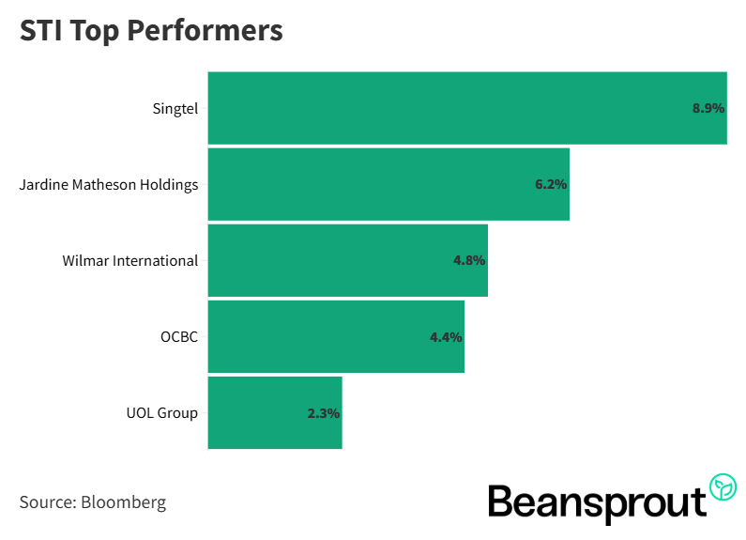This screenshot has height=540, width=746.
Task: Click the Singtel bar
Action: [466, 108]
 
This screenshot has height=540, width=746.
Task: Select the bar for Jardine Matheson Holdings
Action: [388, 184]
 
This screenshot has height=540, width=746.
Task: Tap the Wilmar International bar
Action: [347, 260]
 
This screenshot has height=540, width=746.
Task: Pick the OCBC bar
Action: [336, 336]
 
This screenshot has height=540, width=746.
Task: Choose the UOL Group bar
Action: [274, 412]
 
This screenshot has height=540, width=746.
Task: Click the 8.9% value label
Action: [708, 108]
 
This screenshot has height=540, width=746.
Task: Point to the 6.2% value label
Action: [551, 184]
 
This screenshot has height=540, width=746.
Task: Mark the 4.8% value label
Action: [468, 260]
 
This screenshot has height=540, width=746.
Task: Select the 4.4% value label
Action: [446, 336]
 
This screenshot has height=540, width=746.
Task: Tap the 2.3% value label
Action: [323, 412]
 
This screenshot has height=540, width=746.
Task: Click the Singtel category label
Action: [175, 108]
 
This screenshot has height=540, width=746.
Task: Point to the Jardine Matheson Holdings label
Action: [109, 184]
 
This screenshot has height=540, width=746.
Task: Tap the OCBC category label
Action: [178, 336]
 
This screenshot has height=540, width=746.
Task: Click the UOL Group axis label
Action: [161, 412]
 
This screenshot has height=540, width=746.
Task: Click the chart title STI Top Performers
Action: [151, 30]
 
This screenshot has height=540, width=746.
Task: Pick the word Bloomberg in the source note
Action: [124, 501]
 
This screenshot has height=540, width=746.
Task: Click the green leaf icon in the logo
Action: [723, 486]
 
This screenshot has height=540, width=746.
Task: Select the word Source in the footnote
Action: [45, 501]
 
